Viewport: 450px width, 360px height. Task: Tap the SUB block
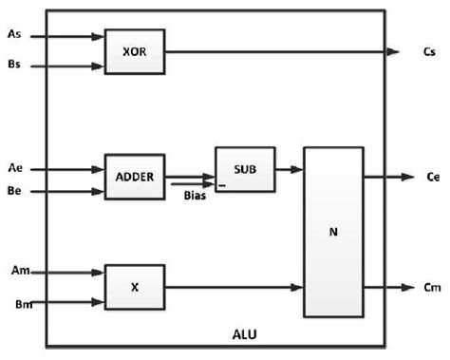[x=245, y=169]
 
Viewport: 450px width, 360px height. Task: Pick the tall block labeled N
[x=333, y=232]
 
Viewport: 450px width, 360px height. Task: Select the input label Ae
[x=13, y=169]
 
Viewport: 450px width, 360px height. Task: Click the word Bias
[x=194, y=196]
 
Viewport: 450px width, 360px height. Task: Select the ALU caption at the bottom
[x=245, y=334]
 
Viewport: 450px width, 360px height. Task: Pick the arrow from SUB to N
[x=290, y=170]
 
